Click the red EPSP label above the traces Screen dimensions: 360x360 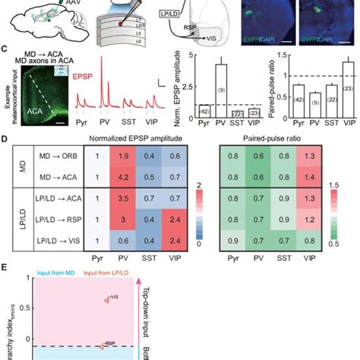click(105, 77)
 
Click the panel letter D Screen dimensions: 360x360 click(5, 140)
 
